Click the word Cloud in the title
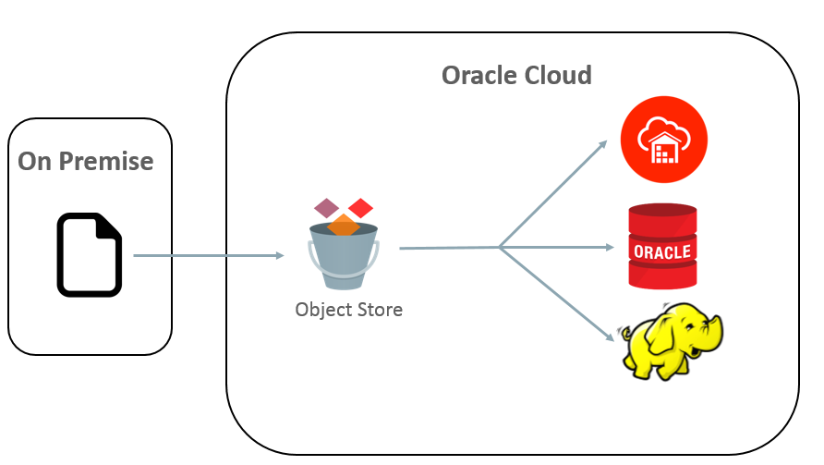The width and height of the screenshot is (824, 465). (x=558, y=75)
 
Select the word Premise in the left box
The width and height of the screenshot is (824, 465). (x=106, y=161)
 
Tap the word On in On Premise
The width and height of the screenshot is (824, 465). (x=36, y=161)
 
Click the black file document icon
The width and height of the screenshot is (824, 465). (x=90, y=255)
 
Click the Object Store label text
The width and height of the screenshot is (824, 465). (x=348, y=310)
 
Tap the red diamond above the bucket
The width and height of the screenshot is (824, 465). (x=360, y=208)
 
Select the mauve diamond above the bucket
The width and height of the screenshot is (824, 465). (x=327, y=207)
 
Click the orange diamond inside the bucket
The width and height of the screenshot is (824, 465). (x=343, y=224)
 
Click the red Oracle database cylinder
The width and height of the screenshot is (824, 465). (x=662, y=247)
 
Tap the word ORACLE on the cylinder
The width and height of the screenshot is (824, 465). (x=662, y=251)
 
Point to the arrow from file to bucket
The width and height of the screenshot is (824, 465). (x=208, y=256)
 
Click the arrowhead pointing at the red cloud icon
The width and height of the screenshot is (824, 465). (x=602, y=143)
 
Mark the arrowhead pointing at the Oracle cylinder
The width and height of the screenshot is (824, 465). (x=610, y=247)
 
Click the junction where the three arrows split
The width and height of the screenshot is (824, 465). (x=499, y=247)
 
